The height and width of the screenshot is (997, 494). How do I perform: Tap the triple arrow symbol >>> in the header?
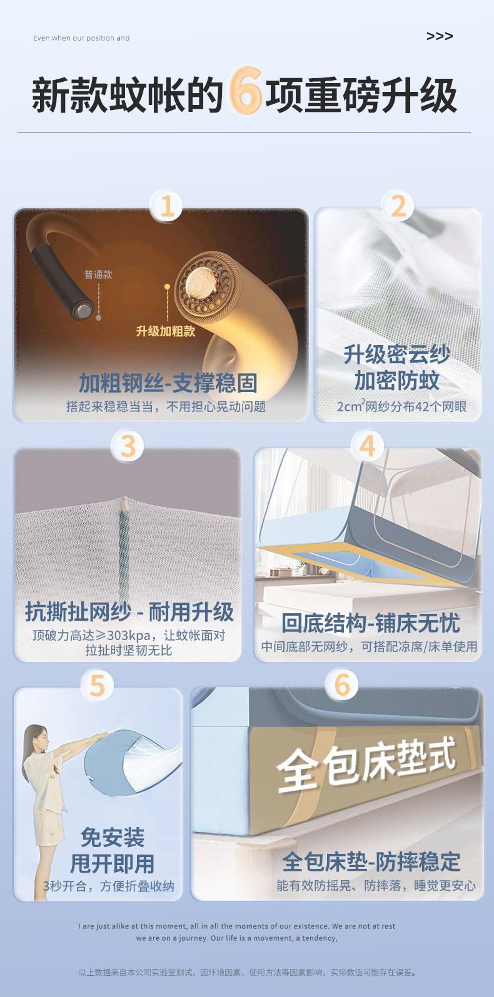pyautogui.click(x=439, y=36)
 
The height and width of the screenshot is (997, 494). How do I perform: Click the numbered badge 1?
pyautogui.click(x=166, y=206)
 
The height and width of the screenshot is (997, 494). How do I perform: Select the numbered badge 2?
pyautogui.click(x=398, y=206)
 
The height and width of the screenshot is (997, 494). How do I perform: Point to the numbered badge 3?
pyautogui.click(x=128, y=446)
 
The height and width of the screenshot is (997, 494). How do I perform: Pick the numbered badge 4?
pyautogui.click(x=367, y=446)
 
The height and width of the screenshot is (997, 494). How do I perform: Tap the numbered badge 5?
pyautogui.click(x=97, y=686)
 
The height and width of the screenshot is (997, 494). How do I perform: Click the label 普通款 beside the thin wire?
pyautogui.click(x=98, y=274)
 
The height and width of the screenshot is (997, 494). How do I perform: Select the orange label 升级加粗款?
pyautogui.click(x=166, y=331)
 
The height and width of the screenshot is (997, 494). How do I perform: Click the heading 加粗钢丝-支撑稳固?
pyautogui.click(x=168, y=383)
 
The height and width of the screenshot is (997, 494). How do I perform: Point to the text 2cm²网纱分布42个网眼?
pyautogui.click(x=401, y=406)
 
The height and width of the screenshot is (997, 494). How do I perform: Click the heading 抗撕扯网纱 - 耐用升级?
pyautogui.click(x=129, y=611)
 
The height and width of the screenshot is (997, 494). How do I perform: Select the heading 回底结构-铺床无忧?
pyautogui.click(x=370, y=623)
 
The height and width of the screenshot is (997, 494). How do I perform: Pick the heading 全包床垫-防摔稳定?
pyautogui.click(x=371, y=861)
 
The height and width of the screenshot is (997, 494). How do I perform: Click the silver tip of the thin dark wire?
pyautogui.click(x=83, y=309)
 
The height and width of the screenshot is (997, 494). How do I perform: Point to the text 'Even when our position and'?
pyautogui.click(x=81, y=38)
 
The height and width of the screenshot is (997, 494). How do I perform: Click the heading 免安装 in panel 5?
pyautogui.click(x=113, y=837)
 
